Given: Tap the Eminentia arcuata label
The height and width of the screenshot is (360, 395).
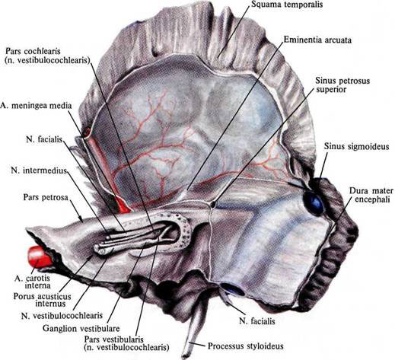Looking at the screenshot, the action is point(317,40).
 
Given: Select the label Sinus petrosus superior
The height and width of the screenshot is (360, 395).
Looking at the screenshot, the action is point(342,85).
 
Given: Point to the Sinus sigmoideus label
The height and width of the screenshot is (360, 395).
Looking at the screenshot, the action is point(356,146).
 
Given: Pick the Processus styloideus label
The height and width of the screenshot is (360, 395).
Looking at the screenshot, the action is point(245,346).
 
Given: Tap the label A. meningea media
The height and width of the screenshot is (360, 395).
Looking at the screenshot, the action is point(36,106).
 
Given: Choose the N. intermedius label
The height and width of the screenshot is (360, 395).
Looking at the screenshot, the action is point(39,170).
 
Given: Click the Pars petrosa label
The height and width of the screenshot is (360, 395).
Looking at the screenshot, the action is point(46,197).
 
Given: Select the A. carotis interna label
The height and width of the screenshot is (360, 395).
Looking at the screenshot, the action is point(33,282).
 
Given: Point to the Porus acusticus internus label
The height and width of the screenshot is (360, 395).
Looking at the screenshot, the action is point(42,300).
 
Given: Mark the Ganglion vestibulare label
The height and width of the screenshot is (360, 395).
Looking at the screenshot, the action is point(81,329).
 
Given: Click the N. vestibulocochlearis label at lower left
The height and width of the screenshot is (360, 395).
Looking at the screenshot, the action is point(62,315).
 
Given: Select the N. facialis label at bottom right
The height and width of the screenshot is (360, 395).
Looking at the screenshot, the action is point(257,321).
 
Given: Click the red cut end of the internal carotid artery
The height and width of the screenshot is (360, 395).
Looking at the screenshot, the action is point(37,256).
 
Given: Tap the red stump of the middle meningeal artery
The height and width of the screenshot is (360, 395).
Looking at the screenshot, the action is point(123,205).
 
